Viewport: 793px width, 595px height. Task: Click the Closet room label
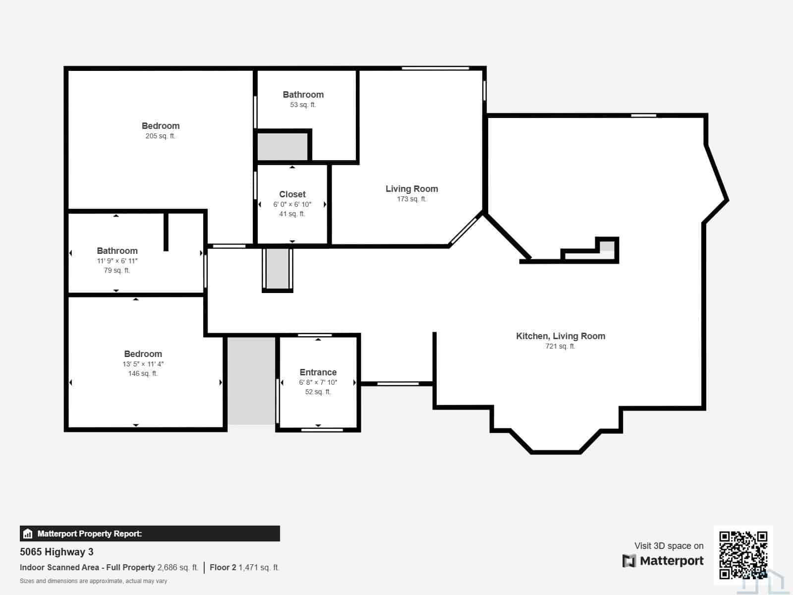pyautogui.click(x=292, y=194)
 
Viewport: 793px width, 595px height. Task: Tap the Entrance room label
pyautogui.click(x=318, y=372)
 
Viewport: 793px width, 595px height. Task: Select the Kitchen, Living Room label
pyautogui.click(x=561, y=336)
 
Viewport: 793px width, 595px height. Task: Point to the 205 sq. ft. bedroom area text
pyautogui.click(x=160, y=136)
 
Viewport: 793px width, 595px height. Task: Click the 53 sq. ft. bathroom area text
pyautogui.click(x=303, y=105)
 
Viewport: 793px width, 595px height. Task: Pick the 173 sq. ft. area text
pyautogui.click(x=411, y=199)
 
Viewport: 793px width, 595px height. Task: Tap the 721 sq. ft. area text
pyautogui.click(x=560, y=346)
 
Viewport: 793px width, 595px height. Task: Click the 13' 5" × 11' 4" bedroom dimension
pyautogui.click(x=143, y=364)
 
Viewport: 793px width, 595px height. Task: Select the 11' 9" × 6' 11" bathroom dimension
pyautogui.click(x=117, y=261)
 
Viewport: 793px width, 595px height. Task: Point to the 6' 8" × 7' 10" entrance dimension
pyautogui.click(x=318, y=382)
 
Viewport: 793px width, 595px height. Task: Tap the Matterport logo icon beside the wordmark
pyautogui.click(x=629, y=561)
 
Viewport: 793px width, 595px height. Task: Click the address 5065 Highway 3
pyautogui.click(x=57, y=552)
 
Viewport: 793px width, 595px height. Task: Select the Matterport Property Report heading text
pyautogui.click(x=90, y=534)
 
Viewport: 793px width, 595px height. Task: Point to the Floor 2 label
pyautogui.click(x=223, y=568)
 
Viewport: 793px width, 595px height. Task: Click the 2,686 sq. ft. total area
pyautogui.click(x=178, y=568)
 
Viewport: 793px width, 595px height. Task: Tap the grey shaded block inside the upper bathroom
pyautogui.click(x=282, y=146)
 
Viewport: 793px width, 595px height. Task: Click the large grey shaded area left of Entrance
pyautogui.click(x=251, y=381)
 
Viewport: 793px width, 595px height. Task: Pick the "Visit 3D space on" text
pyautogui.click(x=669, y=546)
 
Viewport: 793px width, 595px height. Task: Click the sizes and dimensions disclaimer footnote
pyautogui.click(x=93, y=581)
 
